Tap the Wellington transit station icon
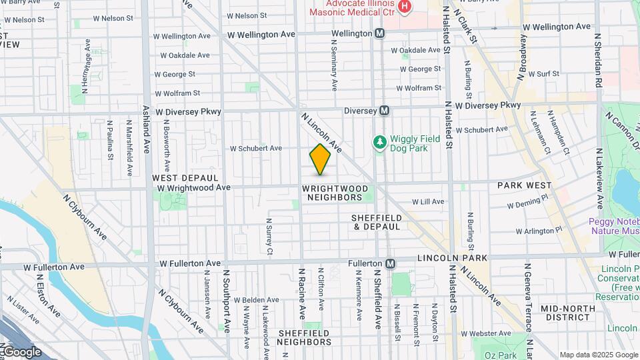point(379,33)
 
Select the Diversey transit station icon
point(385,111)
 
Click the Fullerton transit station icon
point(391,264)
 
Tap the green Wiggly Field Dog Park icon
point(379,142)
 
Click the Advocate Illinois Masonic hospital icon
point(403,6)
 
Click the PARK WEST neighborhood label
point(525,185)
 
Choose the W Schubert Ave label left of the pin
point(256,148)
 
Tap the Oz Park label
point(500,354)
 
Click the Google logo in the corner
point(21,352)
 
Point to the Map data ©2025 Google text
point(598,355)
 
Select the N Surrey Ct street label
point(269,237)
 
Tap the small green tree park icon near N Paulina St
point(83,135)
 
